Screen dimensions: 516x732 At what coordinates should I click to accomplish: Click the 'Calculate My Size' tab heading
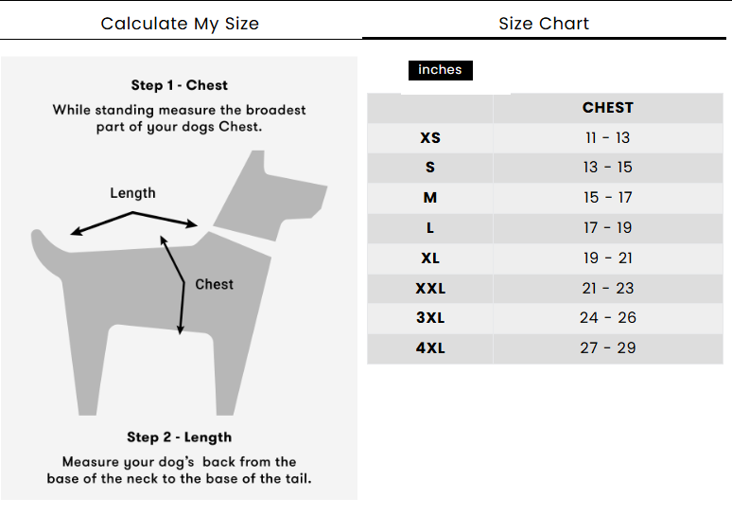tap(180, 24)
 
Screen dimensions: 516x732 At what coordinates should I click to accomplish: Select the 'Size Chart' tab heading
tap(544, 24)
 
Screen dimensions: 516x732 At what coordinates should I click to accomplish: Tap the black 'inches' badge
tap(440, 70)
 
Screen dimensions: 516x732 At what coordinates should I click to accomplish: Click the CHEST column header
tap(607, 108)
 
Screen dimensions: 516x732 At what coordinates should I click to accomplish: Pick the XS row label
tap(430, 138)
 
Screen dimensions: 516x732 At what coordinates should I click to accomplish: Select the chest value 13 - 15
tap(607, 168)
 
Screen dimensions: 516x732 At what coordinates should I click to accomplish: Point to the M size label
tap(430, 198)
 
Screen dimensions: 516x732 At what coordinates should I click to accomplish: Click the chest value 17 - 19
tap(607, 228)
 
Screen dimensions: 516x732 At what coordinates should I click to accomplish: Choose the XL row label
tap(430, 258)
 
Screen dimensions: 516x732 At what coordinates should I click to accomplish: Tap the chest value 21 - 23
tap(607, 288)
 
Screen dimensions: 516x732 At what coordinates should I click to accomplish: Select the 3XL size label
tap(430, 318)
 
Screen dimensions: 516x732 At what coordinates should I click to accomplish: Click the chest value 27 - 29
tap(607, 348)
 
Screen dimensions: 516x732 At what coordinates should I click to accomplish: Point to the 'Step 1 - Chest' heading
tap(180, 85)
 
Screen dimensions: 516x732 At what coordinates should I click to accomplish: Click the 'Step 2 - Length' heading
tap(180, 437)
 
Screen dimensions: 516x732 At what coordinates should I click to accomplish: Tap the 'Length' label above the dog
tap(132, 193)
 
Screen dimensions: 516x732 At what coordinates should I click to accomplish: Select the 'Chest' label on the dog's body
tap(214, 284)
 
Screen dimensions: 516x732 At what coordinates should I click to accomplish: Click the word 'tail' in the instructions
tap(296, 478)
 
